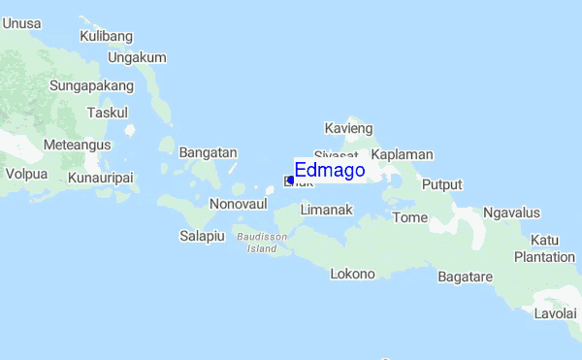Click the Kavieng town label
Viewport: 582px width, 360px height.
pos(348,128)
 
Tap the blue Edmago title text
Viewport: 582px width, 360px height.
pos(330,171)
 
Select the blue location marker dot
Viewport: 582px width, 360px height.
pos(290,180)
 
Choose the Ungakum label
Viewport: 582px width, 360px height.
pos(137,57)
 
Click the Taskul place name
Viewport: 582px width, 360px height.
pos(107,113)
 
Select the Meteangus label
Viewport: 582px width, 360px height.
pos(77,145)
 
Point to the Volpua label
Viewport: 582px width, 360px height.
pos(26,176)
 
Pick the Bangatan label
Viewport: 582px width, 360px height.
pos(208,152)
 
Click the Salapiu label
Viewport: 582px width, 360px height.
pos(203,235)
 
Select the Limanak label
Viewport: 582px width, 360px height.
pos(326,210)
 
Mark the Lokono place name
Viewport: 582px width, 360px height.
pos(352,274)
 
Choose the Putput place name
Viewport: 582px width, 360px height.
pos(442,184)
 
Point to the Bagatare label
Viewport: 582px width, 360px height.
pos(466,277)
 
